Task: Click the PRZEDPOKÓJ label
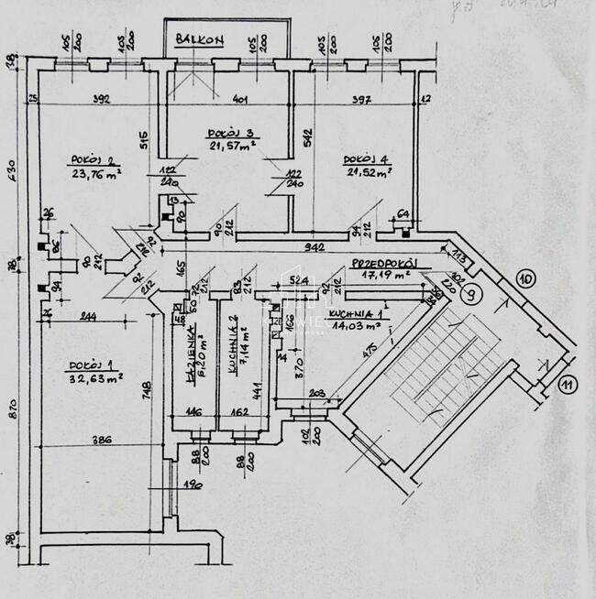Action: pyautogui.click(x=384, y=262)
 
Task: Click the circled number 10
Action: pyautogui.click(x=526, y=279)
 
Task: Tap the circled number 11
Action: pyautogui.click(x=566, y=384)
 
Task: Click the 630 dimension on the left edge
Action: pyautogui.click(x=11, y=170)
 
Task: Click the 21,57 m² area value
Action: pyautogui.click(x=226, y=146)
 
